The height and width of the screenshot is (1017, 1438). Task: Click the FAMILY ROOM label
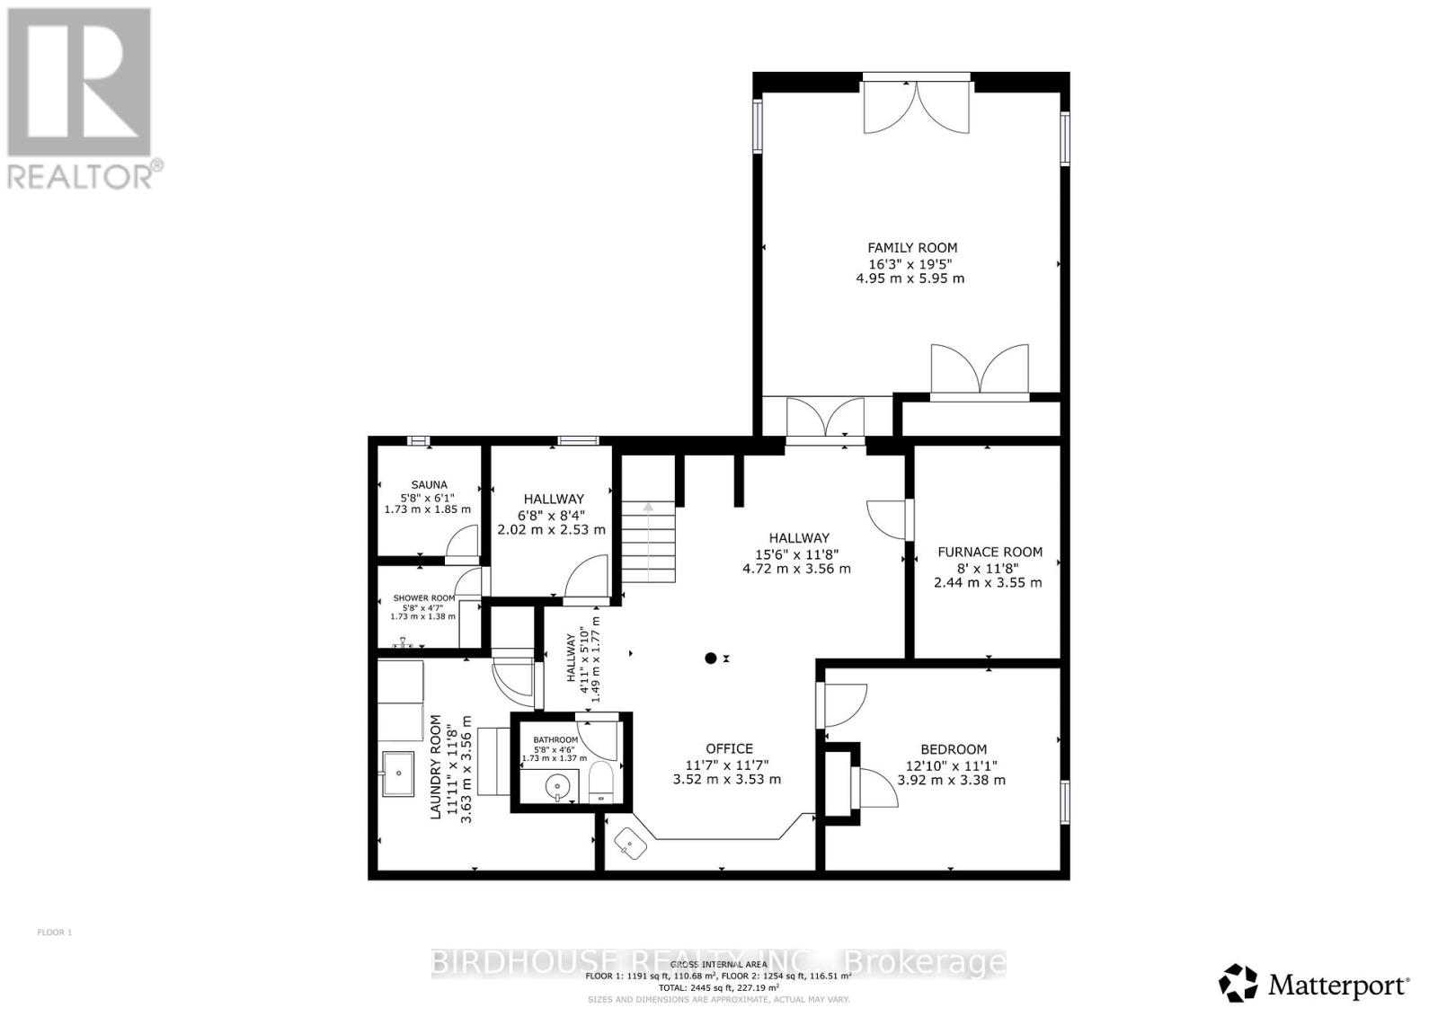click(x=911, y=248)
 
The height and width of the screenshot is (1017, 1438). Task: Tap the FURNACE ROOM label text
click(x=990, y=553)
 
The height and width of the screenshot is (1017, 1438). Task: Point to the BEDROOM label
click(x=953, y=749)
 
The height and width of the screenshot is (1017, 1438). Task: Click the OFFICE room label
click(x=729, y=748)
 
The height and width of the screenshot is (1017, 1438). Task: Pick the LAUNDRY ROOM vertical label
click(x=436, y=766)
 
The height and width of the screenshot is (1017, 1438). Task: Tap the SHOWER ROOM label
click(x=423, y=598)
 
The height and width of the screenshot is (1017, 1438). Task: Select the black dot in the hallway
click(x=710, y=659)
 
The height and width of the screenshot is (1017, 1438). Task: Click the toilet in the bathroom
click(x=600, y=783)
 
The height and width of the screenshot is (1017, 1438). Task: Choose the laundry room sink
click(x=397, y=773)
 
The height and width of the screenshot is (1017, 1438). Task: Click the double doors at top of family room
click(x=916, y=106)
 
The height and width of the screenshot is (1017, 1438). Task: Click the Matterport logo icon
click(x=1238, y=983)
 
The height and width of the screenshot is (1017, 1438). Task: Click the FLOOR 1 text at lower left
click(x=54, y=933)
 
